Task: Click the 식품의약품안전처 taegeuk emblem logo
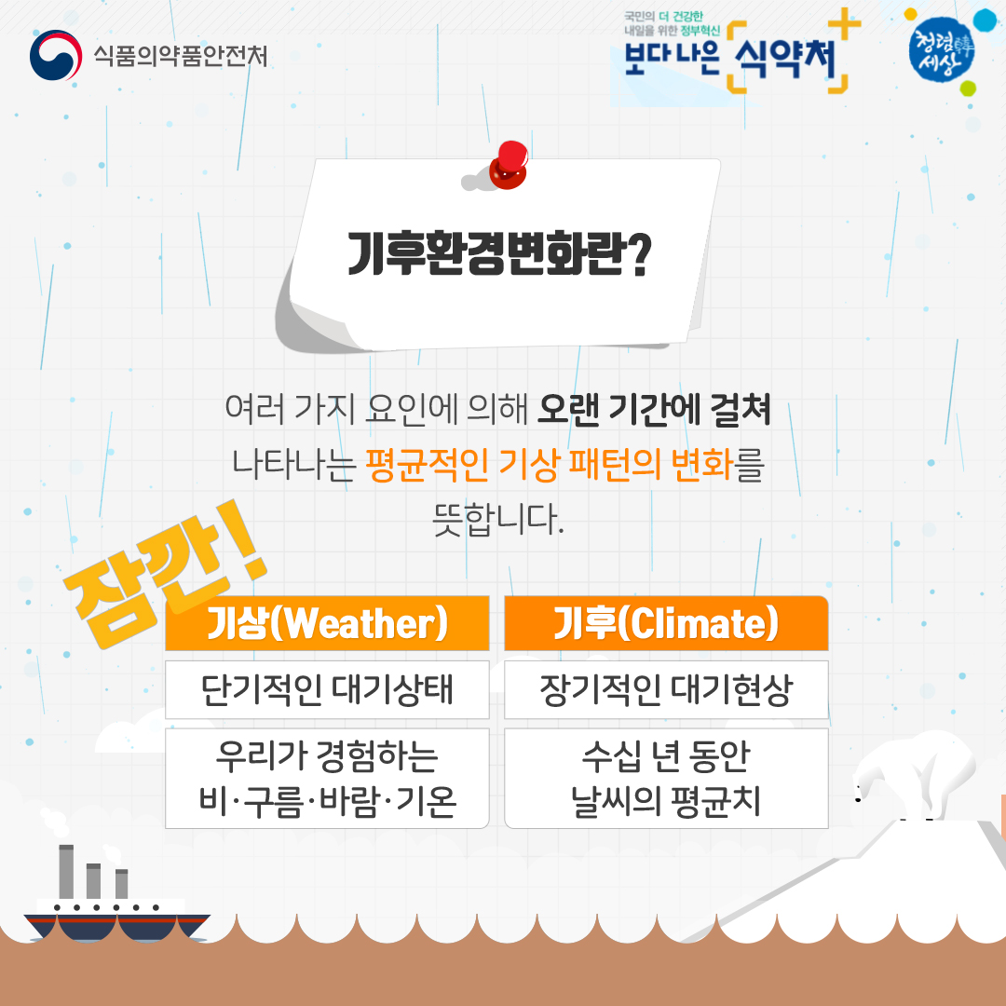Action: (x=56, y=55)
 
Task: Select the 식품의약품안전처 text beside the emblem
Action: (x=181, y=56)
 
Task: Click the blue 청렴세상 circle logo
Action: (x=941, y=49)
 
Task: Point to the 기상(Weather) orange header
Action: (x=327, y=623)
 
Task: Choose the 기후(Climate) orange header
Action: (x=666, y=623)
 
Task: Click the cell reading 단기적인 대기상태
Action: (x=327, y=689)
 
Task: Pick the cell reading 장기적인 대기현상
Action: (x=666, y=689)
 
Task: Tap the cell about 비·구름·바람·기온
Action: (x=327, y=778)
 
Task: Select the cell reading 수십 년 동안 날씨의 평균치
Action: (x=666, y=778)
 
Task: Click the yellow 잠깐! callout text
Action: (x=164, y=574)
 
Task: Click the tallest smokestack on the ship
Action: (x=66, y=872)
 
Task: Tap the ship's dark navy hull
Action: (x=116, y=927)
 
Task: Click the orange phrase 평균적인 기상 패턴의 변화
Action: (x=550, y=465)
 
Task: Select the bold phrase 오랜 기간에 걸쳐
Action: (x=654, y=409)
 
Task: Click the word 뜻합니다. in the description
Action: (x=498, y=519)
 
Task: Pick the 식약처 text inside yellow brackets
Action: (x=786, y=59)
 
